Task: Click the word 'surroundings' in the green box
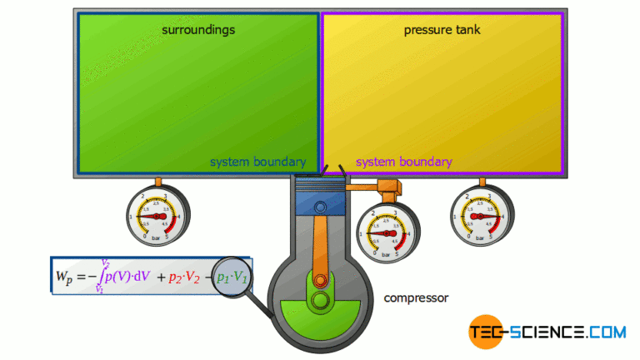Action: (198, 30)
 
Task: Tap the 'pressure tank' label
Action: (442, 30)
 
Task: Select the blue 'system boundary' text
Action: (257, 162)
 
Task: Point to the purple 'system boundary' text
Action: (404, 162)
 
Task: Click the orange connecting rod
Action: (320, 250)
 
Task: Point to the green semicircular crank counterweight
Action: (320, 321)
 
